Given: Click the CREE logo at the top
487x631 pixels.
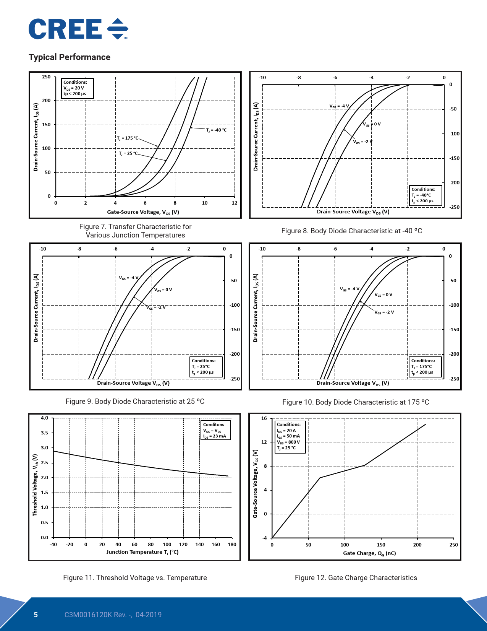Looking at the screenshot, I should pyautogui.click(x=78, y=29).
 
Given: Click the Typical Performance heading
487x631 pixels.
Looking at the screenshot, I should pyautogui.click(x=70, y=57).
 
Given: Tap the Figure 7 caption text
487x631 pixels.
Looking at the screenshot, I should pyautogui.click(x=135, y=231).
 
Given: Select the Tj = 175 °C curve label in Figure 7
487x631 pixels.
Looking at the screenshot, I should pyautogui.click(x=128, y=138).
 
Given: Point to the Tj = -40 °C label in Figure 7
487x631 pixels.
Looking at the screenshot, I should pyautogui.click(x=216, y=130).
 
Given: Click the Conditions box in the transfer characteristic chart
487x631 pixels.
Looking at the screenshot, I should pyautogui.click(x=77, y=88).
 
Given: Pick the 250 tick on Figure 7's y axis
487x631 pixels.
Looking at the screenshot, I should pyautogui.click(x=46, y=77).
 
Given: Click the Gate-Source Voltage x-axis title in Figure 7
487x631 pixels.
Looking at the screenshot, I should pyautogui.click(x=143, y=212).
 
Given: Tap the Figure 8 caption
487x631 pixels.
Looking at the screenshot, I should pyautogui.click(x=351, y=231).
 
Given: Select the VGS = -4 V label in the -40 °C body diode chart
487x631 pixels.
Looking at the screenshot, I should pyautogui.click(x=339, y=106).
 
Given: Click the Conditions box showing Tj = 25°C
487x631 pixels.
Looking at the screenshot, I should pyautogui.click(x=206, y=366).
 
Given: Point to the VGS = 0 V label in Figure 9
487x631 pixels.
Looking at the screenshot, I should pyautogui.click(x=163, y=290).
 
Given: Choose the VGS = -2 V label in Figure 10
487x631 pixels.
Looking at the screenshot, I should pyautogui.click(x=384, y=312).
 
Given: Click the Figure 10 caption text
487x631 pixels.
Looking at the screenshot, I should pyautogui.click(x=356, y=402).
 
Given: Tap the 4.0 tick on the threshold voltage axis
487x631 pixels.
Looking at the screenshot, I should pyautogui.click(x=45, y=418).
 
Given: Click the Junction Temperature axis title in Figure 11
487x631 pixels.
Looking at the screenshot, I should pyautogui.click(x=142, y=552).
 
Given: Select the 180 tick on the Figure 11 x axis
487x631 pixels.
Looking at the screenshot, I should pyautogui.click(x=232, y=545).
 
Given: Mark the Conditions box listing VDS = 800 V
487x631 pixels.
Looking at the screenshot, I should pyautogui.click(x=290, y=436).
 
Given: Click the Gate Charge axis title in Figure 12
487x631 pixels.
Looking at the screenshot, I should pyautogui.click(x=369, y=553).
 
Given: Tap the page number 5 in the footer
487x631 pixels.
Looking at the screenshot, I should pyautogui.click(x=36, y=615).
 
